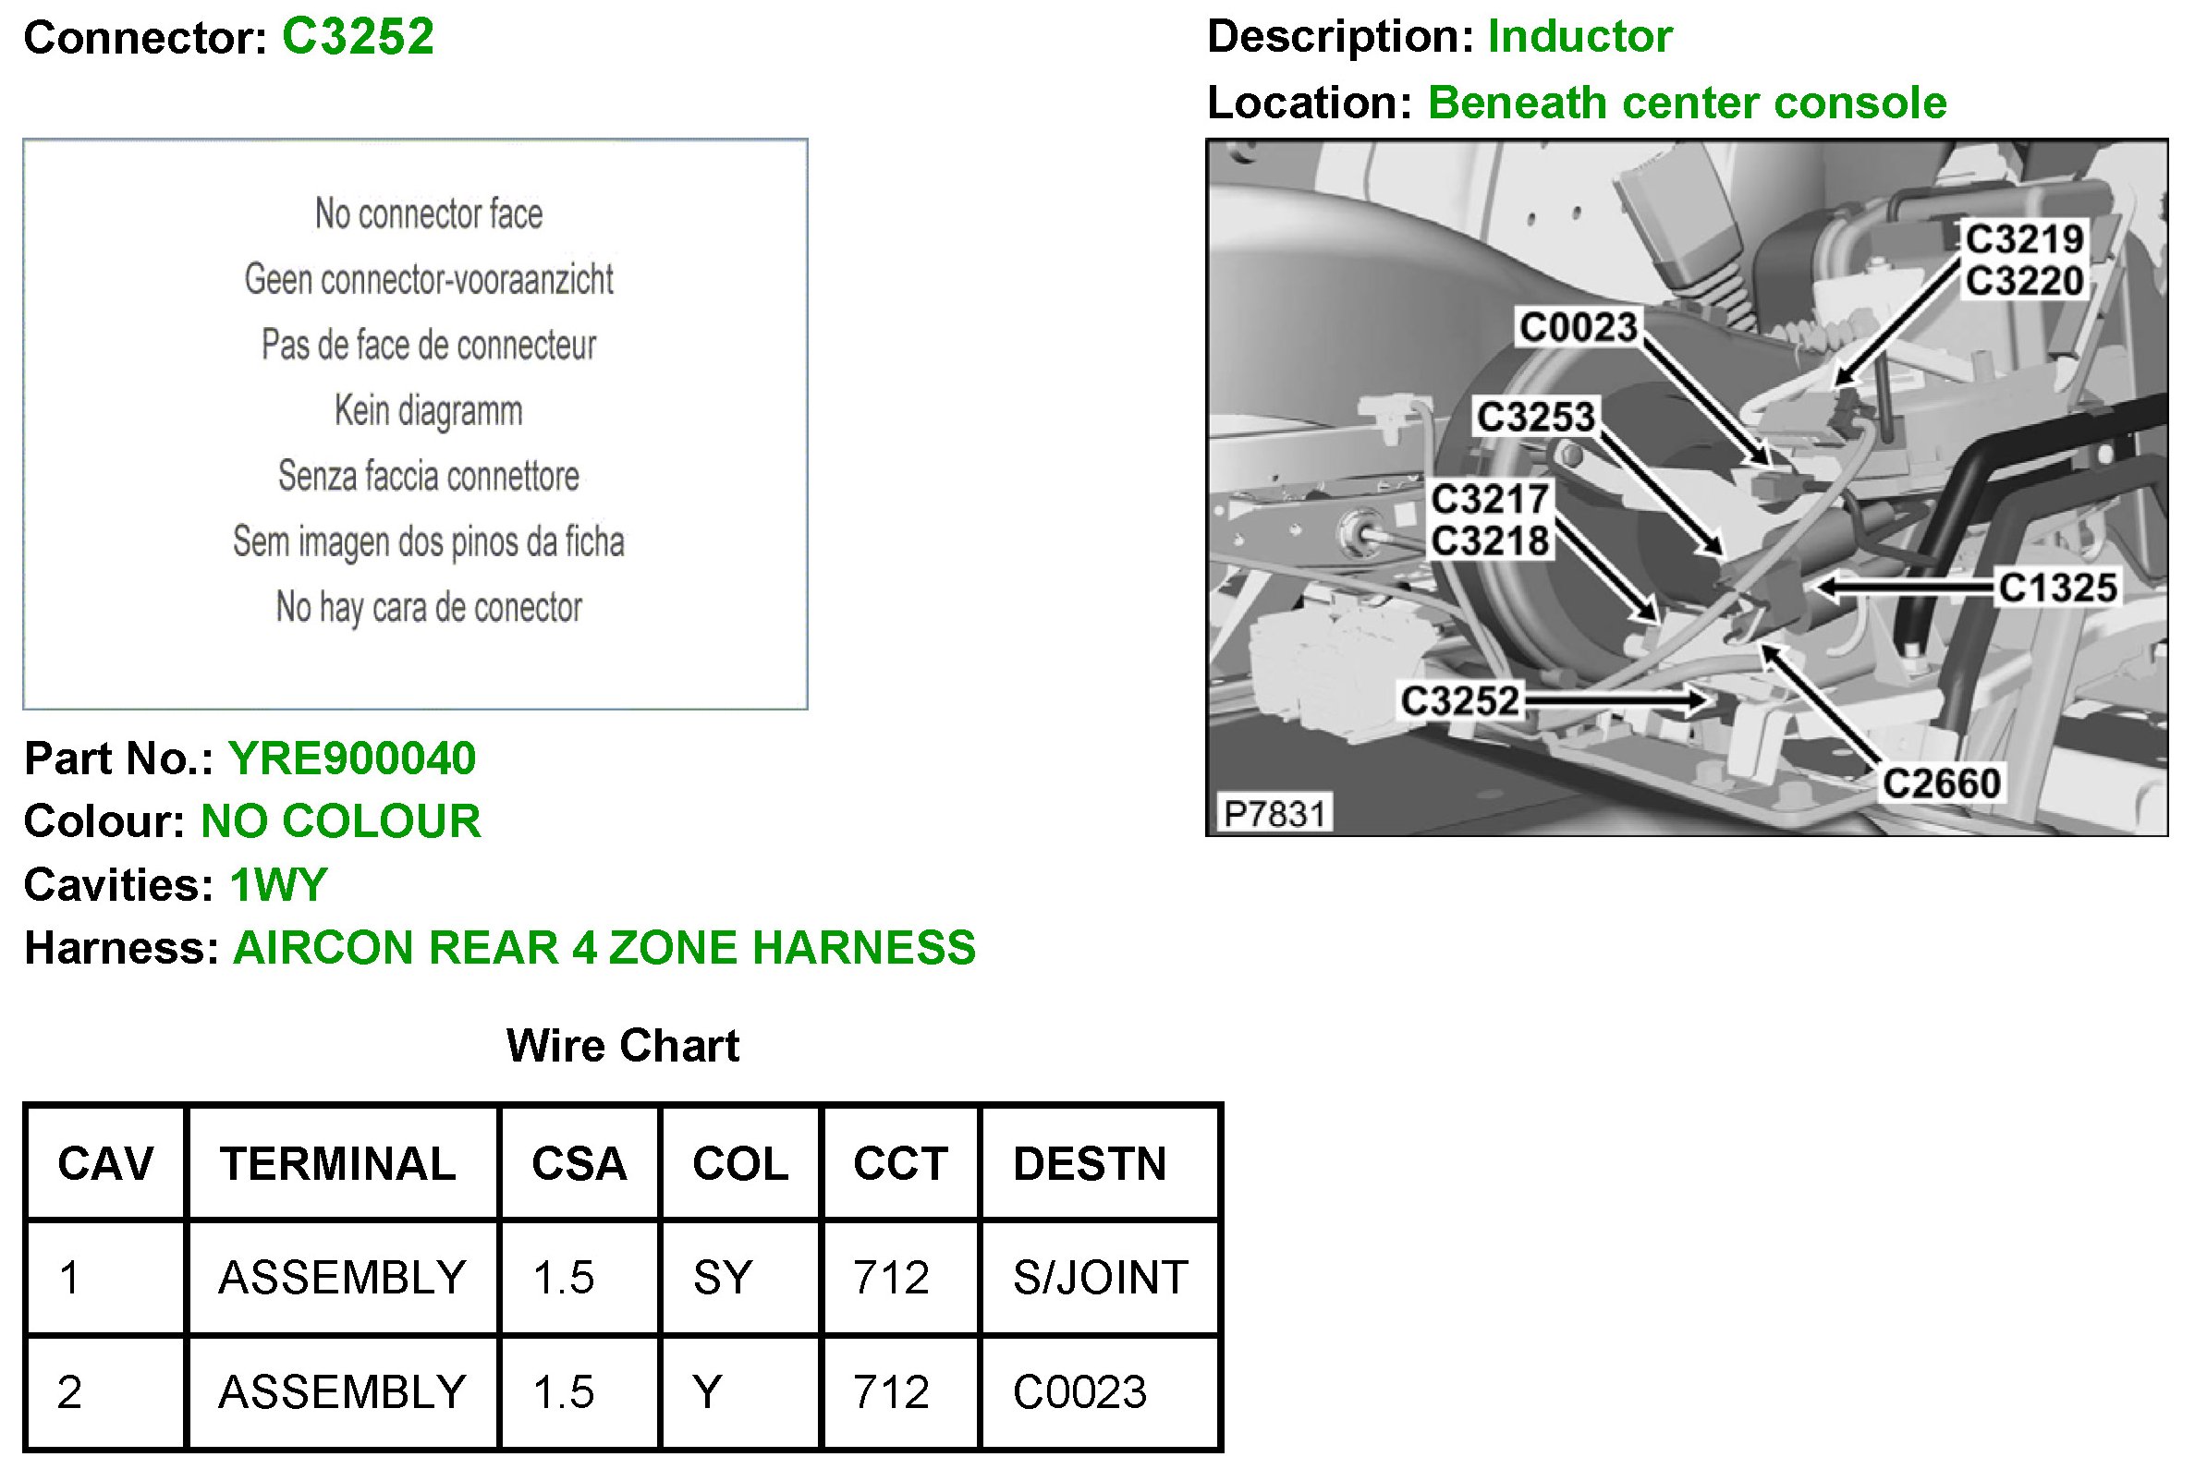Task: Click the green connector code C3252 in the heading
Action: (x=358, y=38)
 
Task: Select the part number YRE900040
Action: (x=352, y=758)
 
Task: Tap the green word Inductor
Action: (x=1579, y=38)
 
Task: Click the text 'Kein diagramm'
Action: (x=428, y=410)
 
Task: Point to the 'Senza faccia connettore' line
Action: (x=428, y=476)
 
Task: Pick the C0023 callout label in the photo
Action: (x=1578, y=327)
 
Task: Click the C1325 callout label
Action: (x=2057, y=589)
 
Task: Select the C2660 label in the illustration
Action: (x=1941, y=783)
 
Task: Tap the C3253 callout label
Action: (x=1535, y=417)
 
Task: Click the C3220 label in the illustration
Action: (x=2024, y=281)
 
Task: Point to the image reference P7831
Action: (x=1274, y=814)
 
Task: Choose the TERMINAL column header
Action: (x=338, y=1164)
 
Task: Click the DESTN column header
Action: (x=1090, y=1164)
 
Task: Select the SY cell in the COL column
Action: (x=723, y=1278)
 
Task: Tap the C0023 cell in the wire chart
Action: (x=1079, y=1392)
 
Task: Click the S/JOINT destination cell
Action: (x=1101, y=1278)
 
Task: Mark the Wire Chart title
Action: (x=622, y=1046)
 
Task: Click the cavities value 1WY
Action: (x=278, y=885)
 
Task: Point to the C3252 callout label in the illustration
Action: (x=1459, y=700)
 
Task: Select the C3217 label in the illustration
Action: (x=1489, y=499)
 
